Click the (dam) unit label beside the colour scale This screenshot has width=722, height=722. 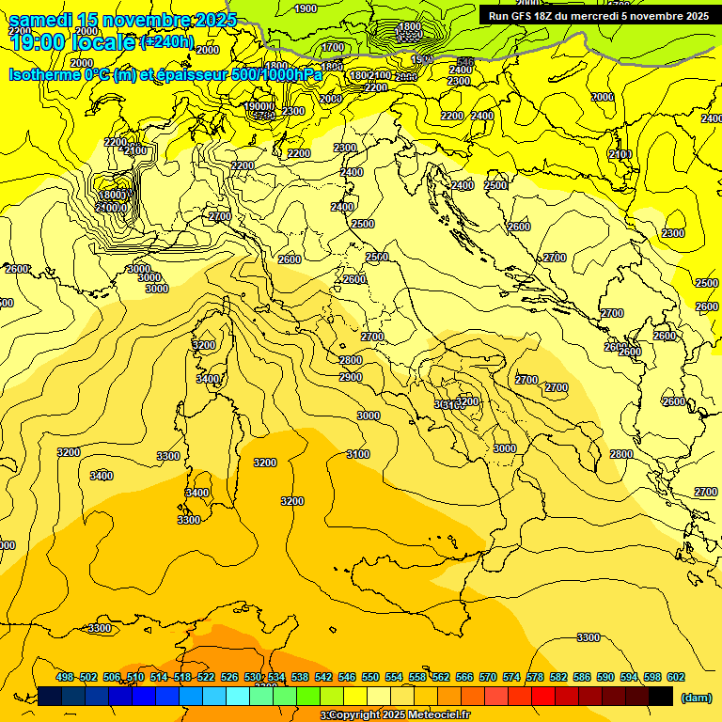pyautogui.click(x=696, y=697)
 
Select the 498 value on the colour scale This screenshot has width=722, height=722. pyautogui.click(x=65, y=677)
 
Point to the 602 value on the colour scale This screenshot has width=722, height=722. pyautogui.click(x=675, y=677)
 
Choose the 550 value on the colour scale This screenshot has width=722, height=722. pyautogui.click(x=370, y=677)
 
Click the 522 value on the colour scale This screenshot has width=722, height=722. pyautogui.click(x=206, y=677)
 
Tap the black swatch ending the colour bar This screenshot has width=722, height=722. pyautogui.click(x=661, y=696)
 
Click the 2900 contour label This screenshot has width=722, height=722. pyautogui.click(x=351, y=377)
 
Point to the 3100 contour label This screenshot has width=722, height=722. pyautogui.click(x=358, y=454)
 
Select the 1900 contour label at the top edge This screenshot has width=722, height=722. pyautogui.click(x=306, y=8)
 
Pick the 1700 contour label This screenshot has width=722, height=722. pyautogui.click(x=333, y=47)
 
